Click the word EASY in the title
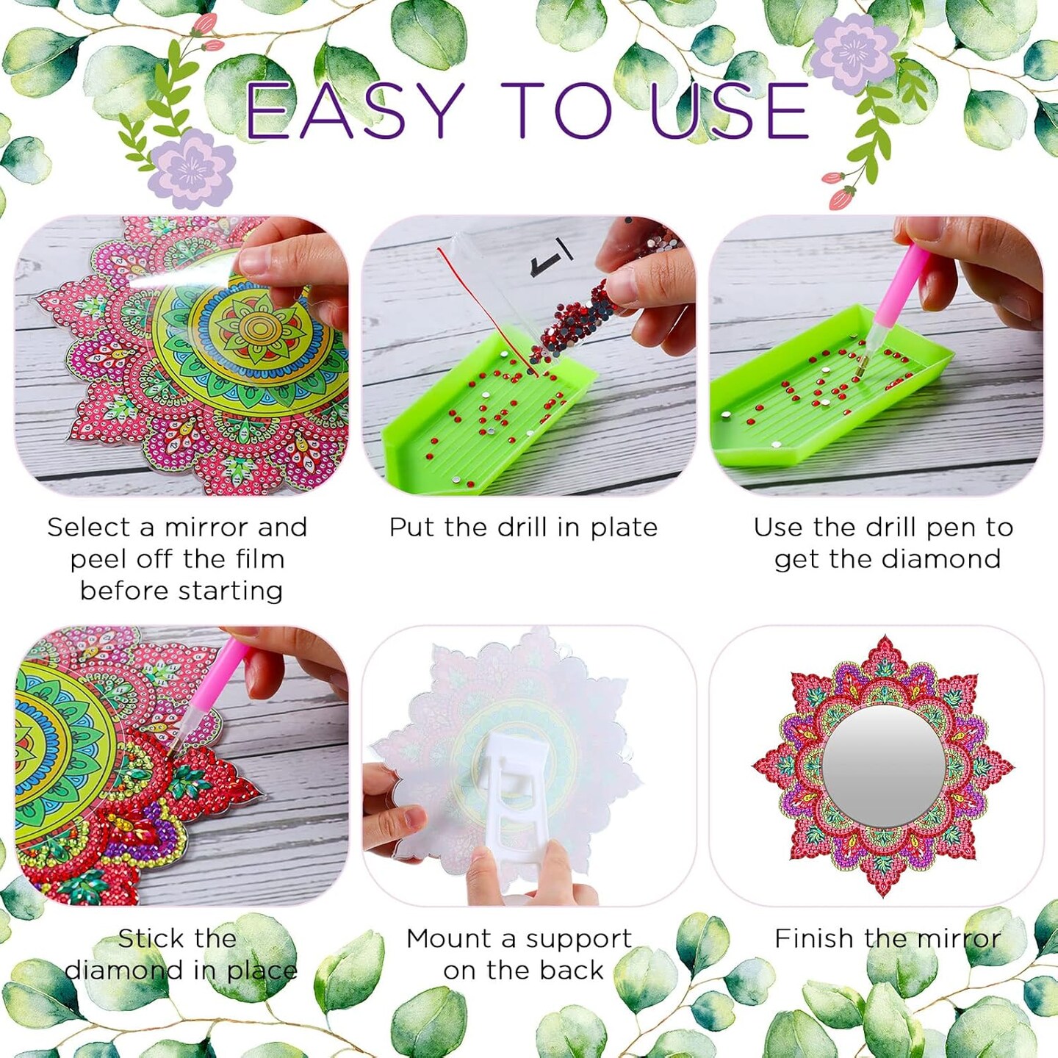[351, 109]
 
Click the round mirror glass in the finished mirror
[883, 766]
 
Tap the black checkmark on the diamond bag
[551, 257]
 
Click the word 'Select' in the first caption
[89, 528]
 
